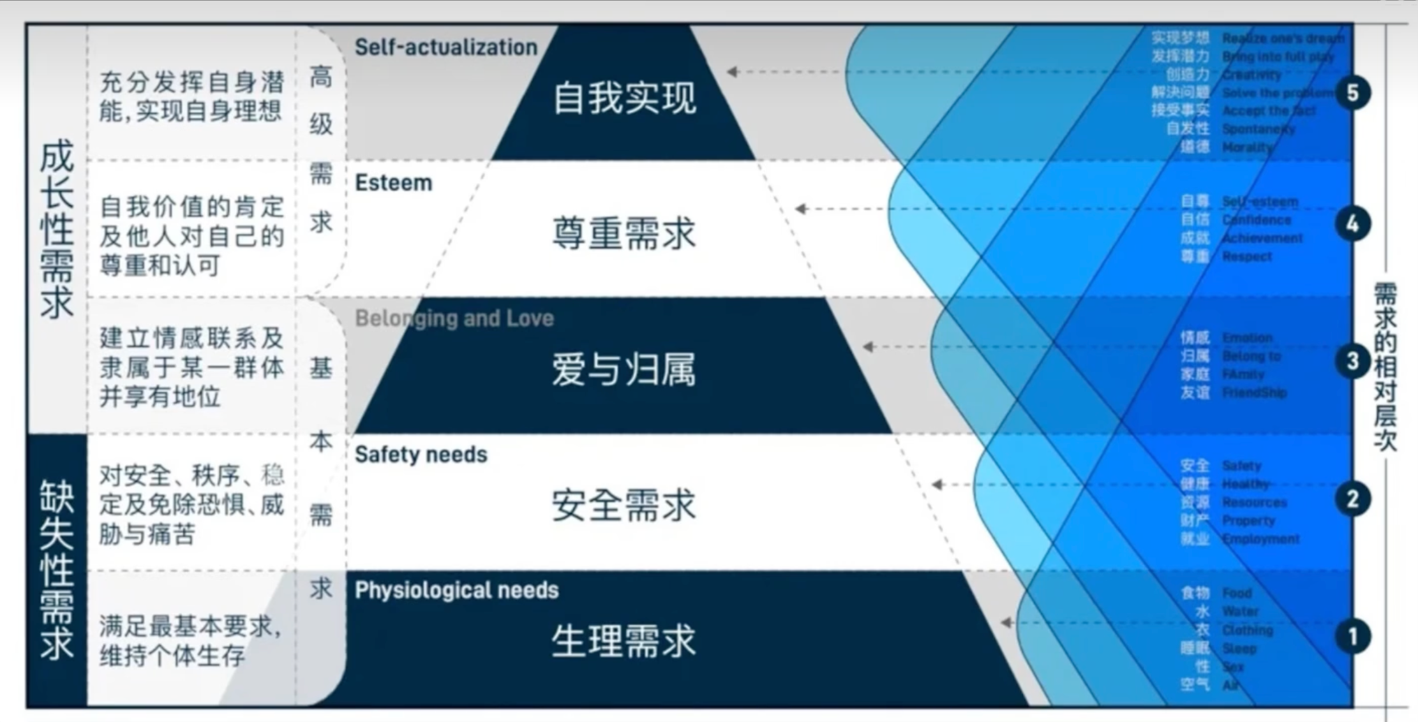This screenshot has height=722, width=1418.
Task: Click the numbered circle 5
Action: point(1352,93)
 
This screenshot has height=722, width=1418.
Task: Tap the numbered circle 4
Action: point(1352,224)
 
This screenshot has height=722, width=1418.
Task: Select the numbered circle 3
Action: point(1352,362)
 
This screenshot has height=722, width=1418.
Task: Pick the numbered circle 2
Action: point(1352,499)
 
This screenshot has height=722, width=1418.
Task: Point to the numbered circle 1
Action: point(1352,636)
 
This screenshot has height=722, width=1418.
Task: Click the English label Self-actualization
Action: point(446,47)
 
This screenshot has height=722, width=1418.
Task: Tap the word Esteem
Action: point(394,183)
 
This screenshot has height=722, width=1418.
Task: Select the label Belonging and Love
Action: point(454,318)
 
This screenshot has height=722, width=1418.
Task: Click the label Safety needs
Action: point(421,455)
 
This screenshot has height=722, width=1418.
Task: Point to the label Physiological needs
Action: point(457,591)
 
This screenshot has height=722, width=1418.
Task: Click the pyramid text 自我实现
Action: point(624,98)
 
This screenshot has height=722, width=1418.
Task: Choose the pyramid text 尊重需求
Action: point(624,233)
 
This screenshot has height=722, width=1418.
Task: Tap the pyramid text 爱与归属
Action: point(624,370)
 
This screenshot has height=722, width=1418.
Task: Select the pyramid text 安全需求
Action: point(624,506)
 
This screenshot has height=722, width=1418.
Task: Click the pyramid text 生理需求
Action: point(624,641)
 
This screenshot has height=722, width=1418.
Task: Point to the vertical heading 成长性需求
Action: point(57,230)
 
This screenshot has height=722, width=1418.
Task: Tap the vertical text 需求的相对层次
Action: point(1385,367)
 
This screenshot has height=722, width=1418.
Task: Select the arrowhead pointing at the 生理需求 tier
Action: point(1006,623)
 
